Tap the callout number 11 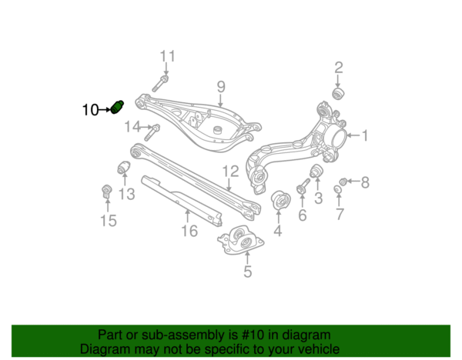point(167,55)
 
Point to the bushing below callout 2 point(336,94)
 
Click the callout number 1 point(365,136)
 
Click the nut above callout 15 point(107,191)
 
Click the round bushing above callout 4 point(280,202)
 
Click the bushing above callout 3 point(315,171)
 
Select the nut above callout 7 point(338,190)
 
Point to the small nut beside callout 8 point(344,181)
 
